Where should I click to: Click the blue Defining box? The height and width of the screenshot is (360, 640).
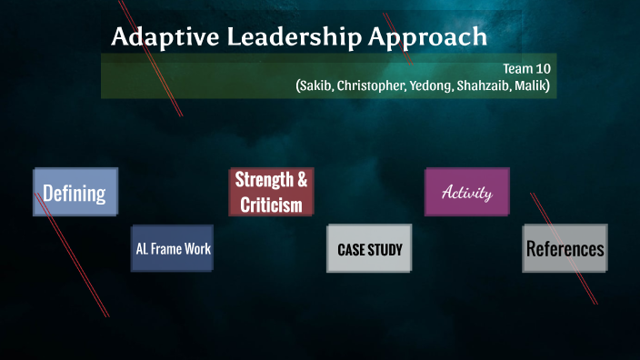tap(75, 192)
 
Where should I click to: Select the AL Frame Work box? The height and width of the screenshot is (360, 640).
tap(173, 248)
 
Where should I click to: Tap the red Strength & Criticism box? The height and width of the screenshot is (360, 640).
tap(271, 192)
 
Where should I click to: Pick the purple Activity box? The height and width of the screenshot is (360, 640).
tap(466, 192)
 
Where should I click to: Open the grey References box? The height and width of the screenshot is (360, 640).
tap(565, 248)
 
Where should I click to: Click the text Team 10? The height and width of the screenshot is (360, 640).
tap(526, 68)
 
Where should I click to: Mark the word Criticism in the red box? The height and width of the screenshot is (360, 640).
tap(271, 205)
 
